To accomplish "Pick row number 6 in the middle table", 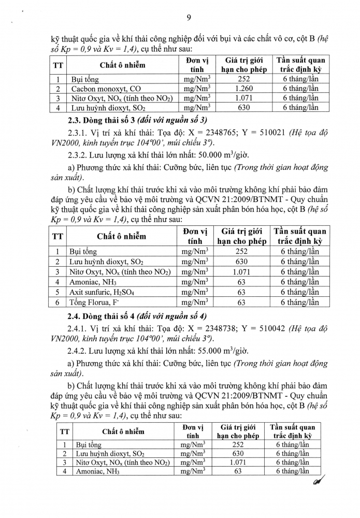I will point(59,302).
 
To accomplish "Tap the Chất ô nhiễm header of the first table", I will point(122,65).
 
